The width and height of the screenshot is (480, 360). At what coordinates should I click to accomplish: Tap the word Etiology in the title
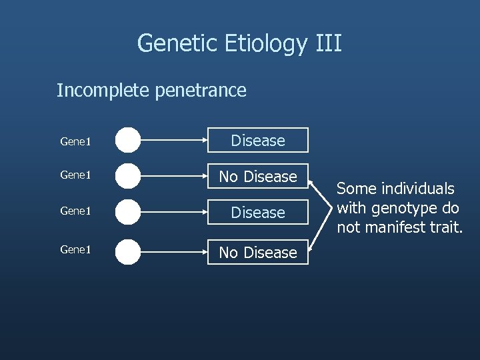[265, 44]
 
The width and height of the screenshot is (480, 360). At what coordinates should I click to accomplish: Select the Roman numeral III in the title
[327, 44]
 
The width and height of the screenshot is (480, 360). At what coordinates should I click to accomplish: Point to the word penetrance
[201, 90]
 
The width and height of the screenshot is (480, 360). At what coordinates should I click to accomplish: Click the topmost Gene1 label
[75, 141]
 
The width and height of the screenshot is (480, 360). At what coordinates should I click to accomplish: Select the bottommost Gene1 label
[75, 250]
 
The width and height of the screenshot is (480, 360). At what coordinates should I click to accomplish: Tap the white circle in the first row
[128, 141]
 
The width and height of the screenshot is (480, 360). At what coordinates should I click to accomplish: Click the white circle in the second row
[128, 176]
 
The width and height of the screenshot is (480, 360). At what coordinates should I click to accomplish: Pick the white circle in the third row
[128, 213]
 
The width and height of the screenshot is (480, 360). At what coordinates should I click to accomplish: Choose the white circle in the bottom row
[128, 253]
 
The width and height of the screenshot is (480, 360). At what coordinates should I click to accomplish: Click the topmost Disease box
[257, 141]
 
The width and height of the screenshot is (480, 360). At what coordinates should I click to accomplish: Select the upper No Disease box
[257, 177]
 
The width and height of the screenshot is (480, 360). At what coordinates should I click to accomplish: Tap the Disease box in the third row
[257, 213]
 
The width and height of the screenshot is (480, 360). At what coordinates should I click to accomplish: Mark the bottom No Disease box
[257, 253]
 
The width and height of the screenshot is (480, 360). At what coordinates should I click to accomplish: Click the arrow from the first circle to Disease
[173, 141]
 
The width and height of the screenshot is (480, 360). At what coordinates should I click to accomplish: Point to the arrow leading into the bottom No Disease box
[173, 253]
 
